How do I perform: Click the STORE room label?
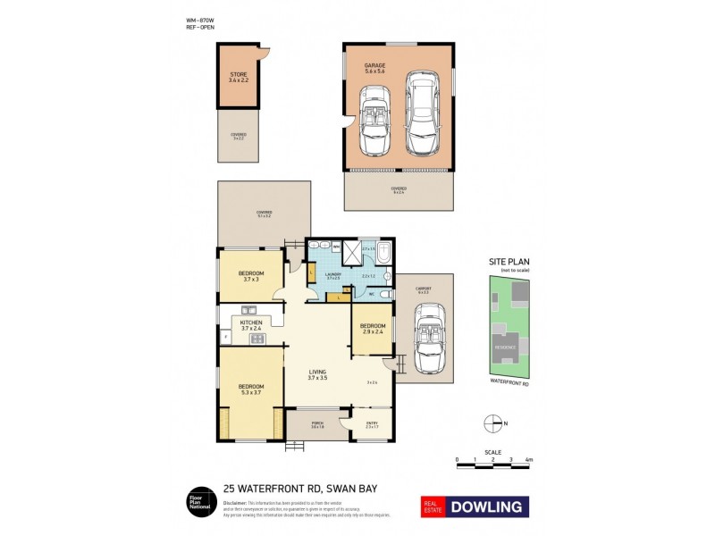238,77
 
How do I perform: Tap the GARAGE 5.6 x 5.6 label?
374,69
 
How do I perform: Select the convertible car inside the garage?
373,121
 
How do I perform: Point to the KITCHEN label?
251,325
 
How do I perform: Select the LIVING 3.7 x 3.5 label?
318,375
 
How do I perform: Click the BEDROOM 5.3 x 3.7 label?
251,390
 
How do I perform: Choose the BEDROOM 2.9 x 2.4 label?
374,329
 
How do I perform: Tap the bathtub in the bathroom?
383,252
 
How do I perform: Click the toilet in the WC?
382,294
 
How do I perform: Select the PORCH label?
316,425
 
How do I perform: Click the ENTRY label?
373,425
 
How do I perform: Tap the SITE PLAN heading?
509,262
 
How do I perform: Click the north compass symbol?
489,423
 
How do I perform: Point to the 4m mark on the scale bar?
529,460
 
